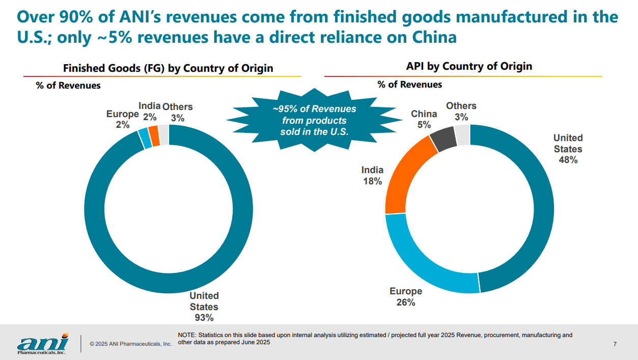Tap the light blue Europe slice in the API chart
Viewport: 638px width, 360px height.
tap(423, 265)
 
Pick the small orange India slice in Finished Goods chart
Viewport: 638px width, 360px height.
tap(153, 135)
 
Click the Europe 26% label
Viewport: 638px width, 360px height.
tap(406, 296)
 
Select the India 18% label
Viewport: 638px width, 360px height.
tap(372, 175)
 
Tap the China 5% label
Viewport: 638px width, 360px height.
tap(424, 119)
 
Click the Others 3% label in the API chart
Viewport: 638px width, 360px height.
tap(461, 111)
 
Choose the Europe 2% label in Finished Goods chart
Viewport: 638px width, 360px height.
tap(122, 119)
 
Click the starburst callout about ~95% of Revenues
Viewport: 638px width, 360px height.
tap(314, 120)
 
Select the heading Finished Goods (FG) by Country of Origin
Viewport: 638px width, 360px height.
tap(168, 68)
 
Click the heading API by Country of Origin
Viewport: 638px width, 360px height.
tap(469, 66)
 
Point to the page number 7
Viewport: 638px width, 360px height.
tap(615, 344)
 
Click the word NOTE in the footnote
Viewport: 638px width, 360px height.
tap(186, 335)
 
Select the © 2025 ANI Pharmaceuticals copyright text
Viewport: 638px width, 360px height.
tap(131, 344)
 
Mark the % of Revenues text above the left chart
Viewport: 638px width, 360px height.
tap(68, 86)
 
